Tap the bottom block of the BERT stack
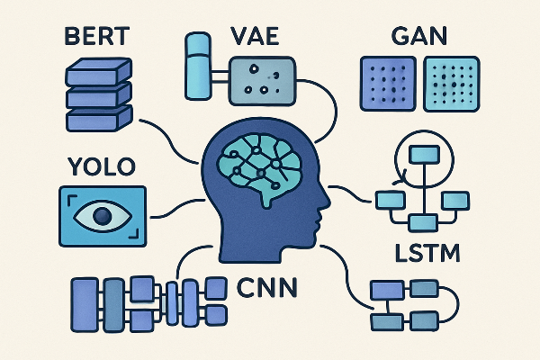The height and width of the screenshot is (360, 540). point(99,116)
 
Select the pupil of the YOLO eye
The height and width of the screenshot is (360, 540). point(101,216)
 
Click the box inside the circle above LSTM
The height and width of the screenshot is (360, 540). point(421,154)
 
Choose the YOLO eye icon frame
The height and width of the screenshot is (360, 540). point(101,216)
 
